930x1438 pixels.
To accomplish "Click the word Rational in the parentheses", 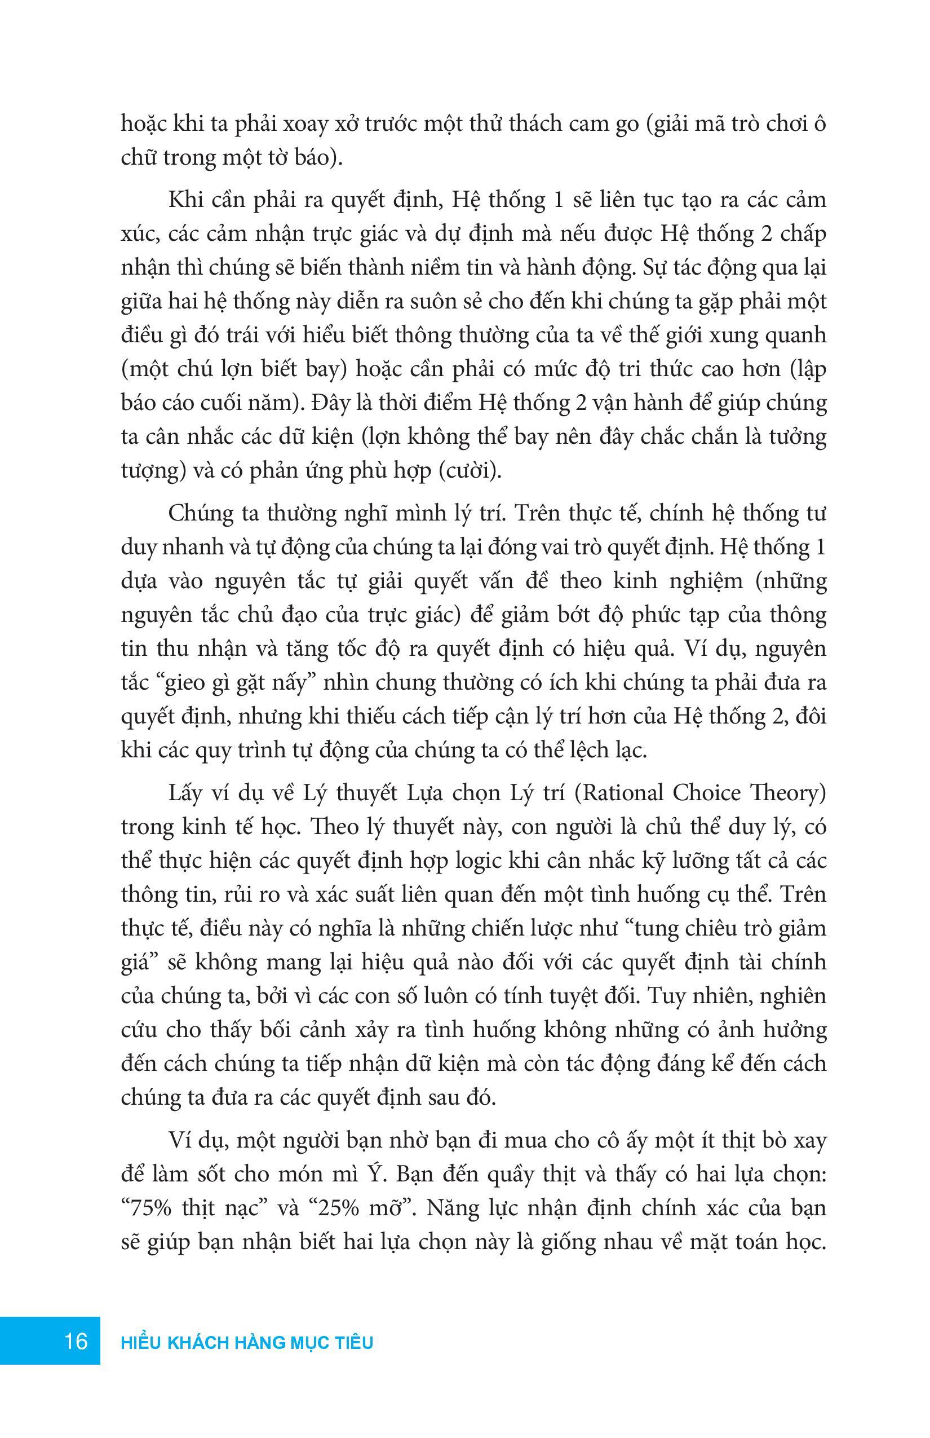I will coord(621,793).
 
